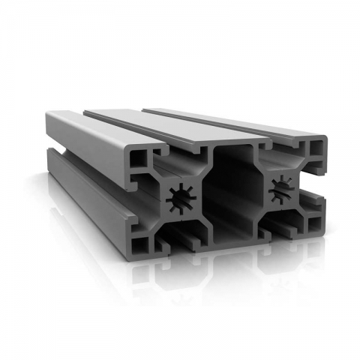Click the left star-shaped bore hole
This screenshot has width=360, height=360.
[184, 199]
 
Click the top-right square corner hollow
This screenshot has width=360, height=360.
[316, 148]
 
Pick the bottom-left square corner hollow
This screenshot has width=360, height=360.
[139, 244]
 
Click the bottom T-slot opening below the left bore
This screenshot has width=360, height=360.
[184, 238]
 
